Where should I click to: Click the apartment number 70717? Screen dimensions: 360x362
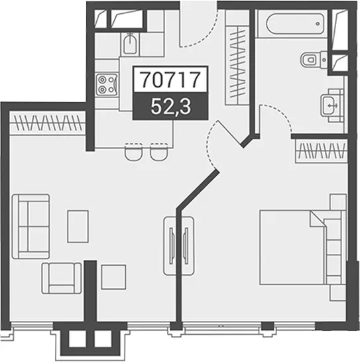coord(170,80)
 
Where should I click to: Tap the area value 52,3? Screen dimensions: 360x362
coord(170,107)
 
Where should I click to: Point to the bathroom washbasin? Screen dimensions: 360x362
coord(332,105)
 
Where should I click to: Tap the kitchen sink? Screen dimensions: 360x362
coord(131,44)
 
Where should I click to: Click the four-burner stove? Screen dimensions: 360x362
coord(107,84)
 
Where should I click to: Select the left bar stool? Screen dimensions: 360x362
coord(133,152)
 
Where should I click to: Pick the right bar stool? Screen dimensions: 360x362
coord(159,152)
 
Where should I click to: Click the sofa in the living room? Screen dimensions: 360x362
coord(31,226)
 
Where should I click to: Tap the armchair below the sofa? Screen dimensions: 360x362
coord(62,278)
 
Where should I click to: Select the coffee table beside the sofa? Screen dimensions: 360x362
coord(78,226)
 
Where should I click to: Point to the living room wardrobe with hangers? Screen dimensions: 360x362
coord(47,123)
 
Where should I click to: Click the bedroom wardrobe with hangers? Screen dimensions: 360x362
coord(322,151)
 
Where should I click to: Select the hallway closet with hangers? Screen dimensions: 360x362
coord(237,66)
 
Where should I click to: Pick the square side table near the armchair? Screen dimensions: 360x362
coord(113,277)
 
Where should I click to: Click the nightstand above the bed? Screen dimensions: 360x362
coord(338,202)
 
